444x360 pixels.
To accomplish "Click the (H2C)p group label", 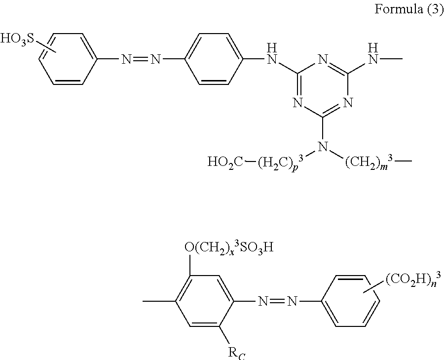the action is coord(277,162).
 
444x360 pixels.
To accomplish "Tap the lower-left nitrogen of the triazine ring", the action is coord(297,103).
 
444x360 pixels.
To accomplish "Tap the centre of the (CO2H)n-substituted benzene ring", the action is coord(352,300).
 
